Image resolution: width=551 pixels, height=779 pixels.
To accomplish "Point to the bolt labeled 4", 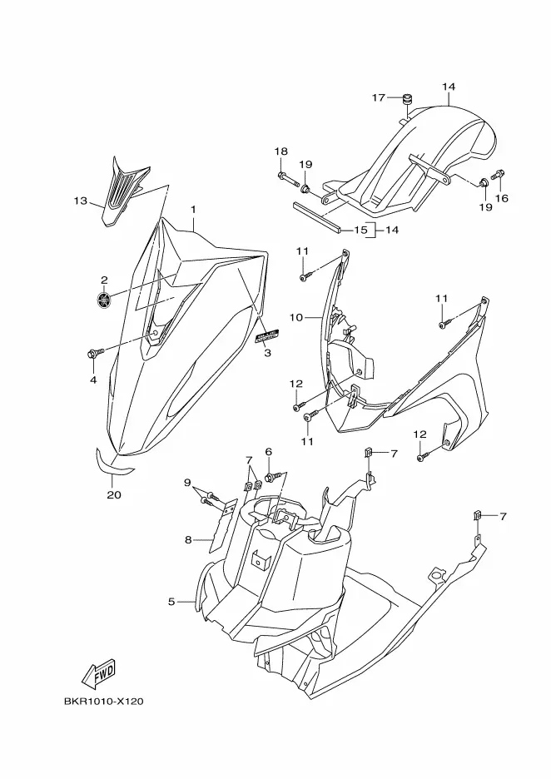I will [92, 355].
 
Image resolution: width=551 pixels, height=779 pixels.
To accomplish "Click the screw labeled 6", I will [271, 477].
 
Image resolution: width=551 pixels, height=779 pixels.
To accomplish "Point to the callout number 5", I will [171, 601].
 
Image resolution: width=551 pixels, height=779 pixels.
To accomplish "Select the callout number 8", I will [188, 540].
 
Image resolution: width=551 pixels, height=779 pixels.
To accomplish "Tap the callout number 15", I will [360, 229].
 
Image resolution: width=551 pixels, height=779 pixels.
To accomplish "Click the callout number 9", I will [187, 482].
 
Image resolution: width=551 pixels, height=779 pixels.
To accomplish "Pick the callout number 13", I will [80, 201].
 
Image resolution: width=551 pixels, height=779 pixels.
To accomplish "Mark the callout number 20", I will [114, 495].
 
